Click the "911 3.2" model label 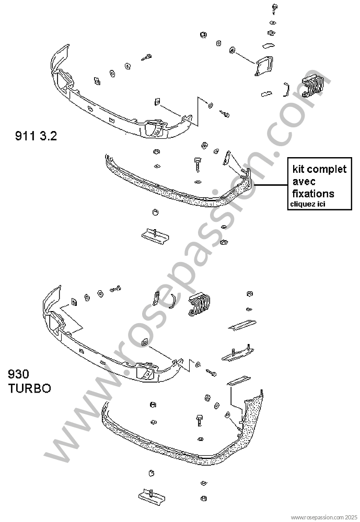pyautogui.click(x=35, y=137)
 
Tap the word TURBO pyautogui.click(x=29, y=389)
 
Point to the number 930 pyautogui.click(x=19, y=375)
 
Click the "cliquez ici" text pyautogui.click(x=307, y=204)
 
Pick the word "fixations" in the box pyautogui.click(x=313, y=193)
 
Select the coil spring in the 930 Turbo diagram pyautogui.click(x=199, y=304)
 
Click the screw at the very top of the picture pyautogui.click(x=274, y=8)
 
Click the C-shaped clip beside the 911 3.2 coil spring pyautogui.click(x=285, y=89)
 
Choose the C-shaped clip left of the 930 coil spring pyautogui.click(x=173, y=301)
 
